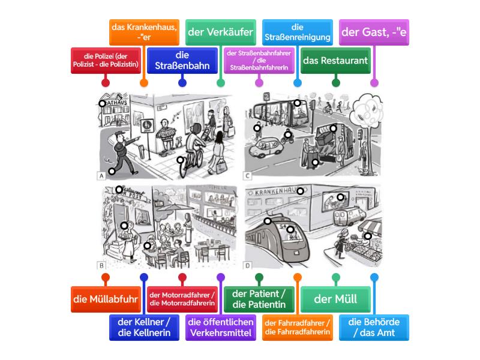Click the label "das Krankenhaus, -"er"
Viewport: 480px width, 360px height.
pos(143,32)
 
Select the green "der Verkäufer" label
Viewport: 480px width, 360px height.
pos(220,32)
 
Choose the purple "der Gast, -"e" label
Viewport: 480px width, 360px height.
pos(373,32)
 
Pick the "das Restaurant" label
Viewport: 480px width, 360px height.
pos(335,61)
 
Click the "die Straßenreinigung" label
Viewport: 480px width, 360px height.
pos(297,32)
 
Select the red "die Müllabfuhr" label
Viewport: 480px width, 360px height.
pos(105,298)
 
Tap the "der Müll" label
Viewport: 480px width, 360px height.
pos(335,298)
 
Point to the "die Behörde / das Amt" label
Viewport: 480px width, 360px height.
pos(374,326)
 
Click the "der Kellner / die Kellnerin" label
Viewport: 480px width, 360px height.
pos(143,326)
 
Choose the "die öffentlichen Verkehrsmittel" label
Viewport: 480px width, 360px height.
pos(220,326)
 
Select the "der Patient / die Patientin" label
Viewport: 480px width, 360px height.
pos(259,298)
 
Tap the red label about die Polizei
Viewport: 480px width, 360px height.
pos(105,61)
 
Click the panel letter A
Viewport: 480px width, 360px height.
pos(101,176)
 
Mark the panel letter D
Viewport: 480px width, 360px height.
pos(248,265)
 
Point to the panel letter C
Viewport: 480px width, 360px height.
pos(248,176)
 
